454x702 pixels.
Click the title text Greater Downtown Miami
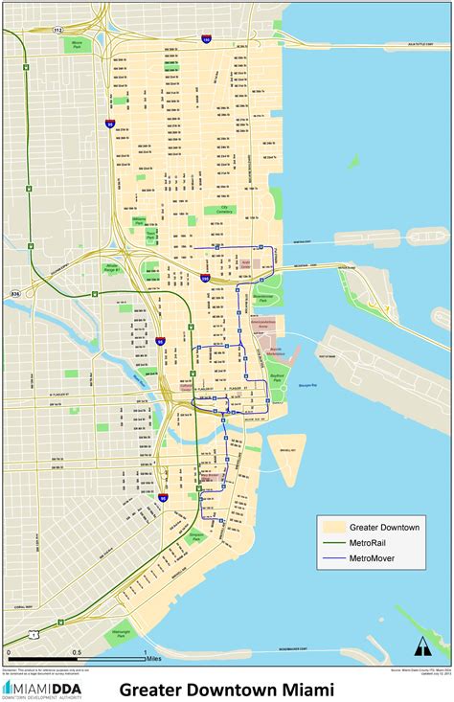(227, 689)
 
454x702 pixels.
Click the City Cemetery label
(226, 208)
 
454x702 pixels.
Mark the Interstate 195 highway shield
(207, 40)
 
